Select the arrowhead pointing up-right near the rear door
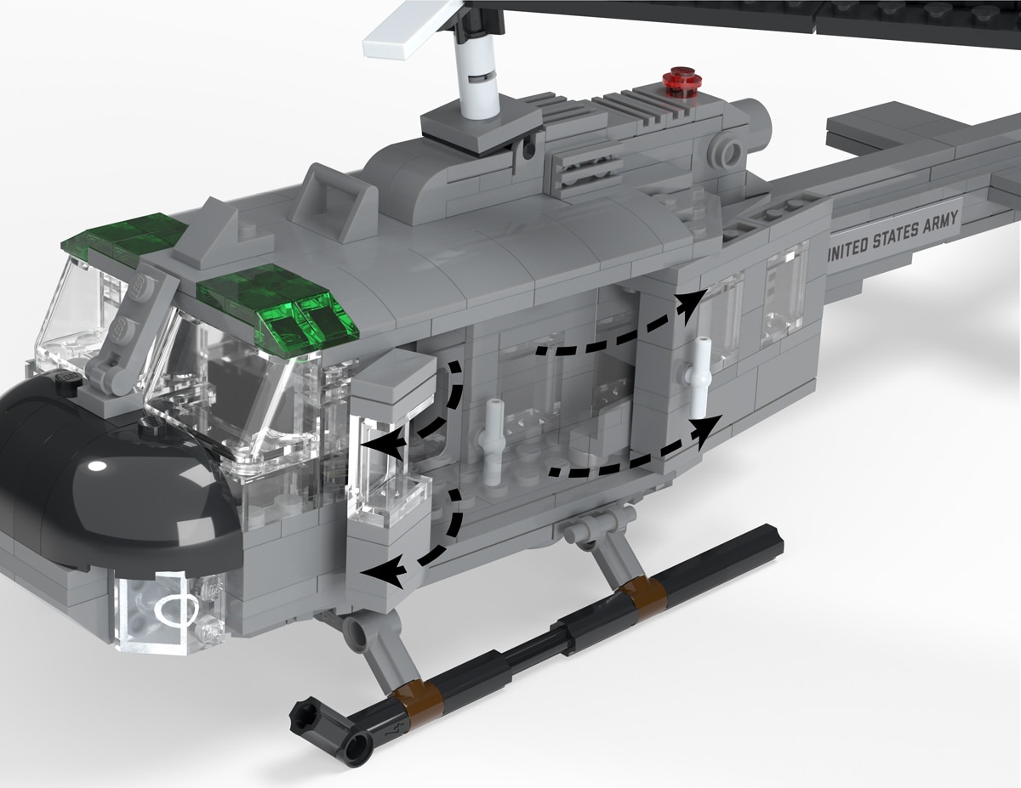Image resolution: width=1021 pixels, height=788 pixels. [690, 305]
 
